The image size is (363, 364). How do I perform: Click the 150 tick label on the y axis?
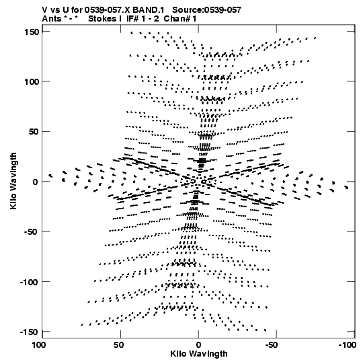point(32,32)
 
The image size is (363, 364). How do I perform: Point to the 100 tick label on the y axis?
point(32,81)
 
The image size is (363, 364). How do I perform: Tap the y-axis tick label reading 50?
point(34,132)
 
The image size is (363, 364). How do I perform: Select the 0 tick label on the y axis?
point(36,182)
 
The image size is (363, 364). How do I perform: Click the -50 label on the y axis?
point(31,231)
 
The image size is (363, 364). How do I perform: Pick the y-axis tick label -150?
point(28,332)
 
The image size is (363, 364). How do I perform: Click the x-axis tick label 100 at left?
point(38,345)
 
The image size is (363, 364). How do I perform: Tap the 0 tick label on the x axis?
point(198,345)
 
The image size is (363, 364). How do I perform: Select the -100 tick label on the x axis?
point(347,345)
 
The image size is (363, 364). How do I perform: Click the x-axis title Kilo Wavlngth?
point(199,354)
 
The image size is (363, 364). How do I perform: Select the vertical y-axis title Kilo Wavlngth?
point(13,181)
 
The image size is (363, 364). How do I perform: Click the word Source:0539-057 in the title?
point(206,10)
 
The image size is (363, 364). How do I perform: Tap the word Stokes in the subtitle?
point(102,19)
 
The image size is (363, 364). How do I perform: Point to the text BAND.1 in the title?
point(148,10)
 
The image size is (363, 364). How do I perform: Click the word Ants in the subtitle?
point(52,19)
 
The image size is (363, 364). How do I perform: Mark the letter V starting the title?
point(45,10)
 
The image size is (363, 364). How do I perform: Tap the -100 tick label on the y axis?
point(29,282)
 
